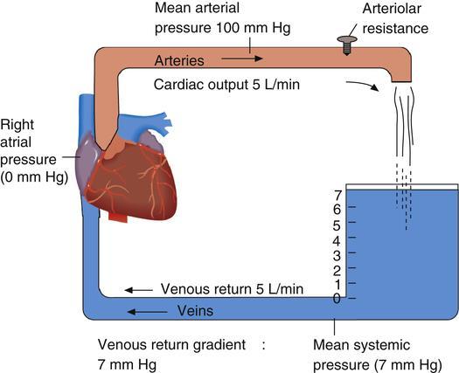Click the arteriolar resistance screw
[x=347, y=45]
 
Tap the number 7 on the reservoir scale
[x=337, y=195]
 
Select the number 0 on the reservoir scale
[x=337, y=299]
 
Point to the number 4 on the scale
[x=337, y=241]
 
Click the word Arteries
[x=179, y=61]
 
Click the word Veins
[x=195, y=311]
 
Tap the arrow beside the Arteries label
[x=242, y=59]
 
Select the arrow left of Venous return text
[x=138, y=290]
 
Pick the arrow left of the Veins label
[x=147, y=312]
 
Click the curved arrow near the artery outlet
[x=363, y=85]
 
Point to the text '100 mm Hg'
[x=254, y=28]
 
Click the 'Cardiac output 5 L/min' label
[x=226, y=85]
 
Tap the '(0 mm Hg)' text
[x=34, y=177]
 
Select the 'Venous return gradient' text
[x=171, y=345]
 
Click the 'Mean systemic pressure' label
[x=378, y=355]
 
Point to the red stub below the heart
[x=118, y=217]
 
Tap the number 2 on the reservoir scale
[x=337, y=271]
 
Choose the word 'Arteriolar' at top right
[x=392, y=9]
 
